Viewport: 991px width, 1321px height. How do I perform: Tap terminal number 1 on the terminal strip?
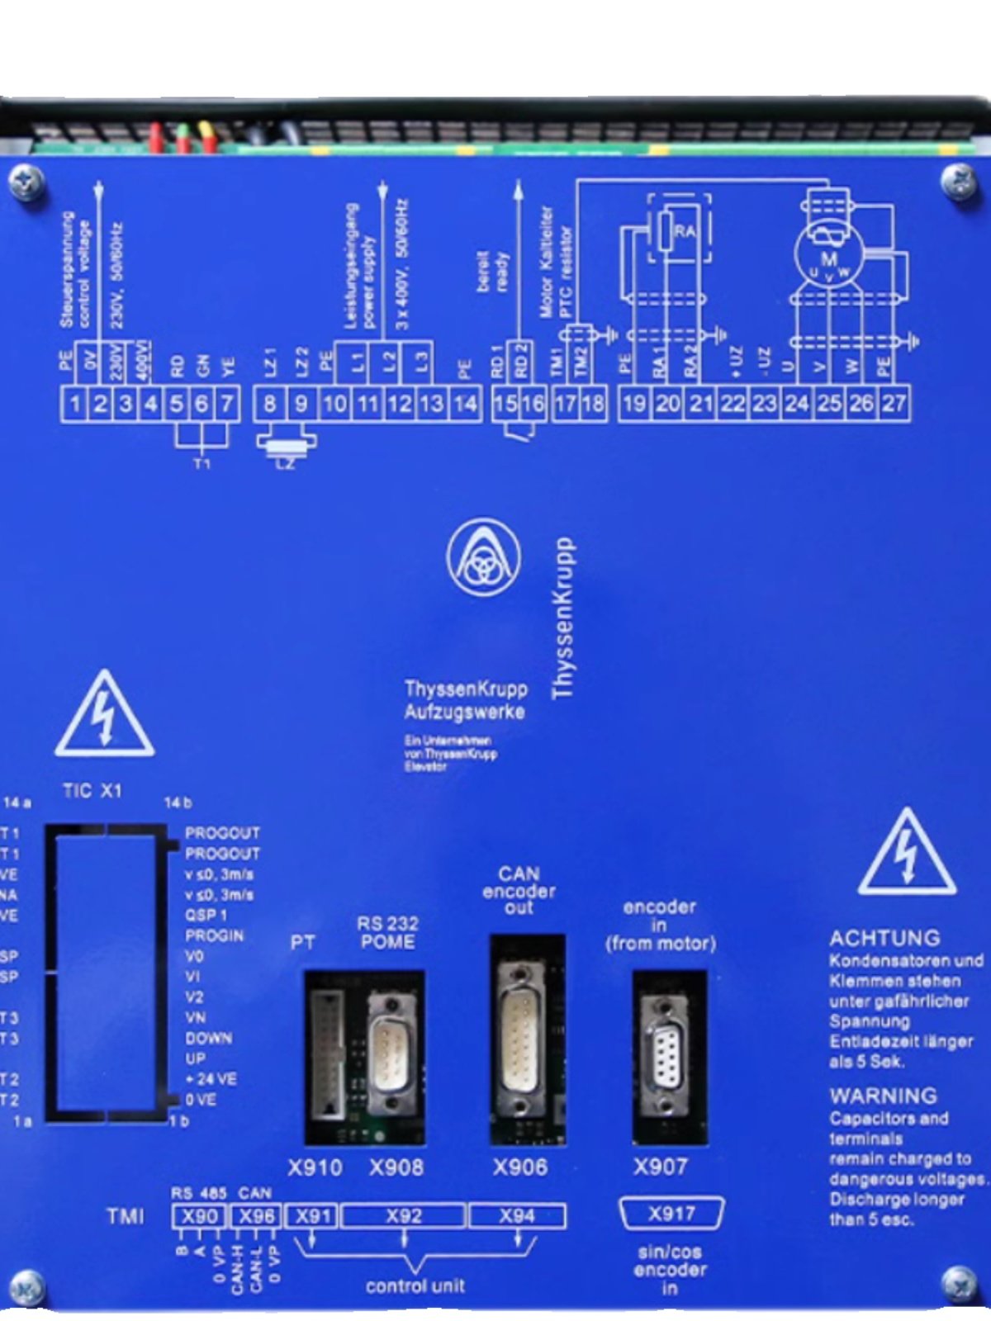(74, 405)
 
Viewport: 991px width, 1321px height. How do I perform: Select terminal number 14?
(465, 404)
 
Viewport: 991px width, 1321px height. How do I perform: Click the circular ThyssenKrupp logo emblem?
(483, 557)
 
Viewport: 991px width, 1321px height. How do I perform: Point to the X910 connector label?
(315, 1167)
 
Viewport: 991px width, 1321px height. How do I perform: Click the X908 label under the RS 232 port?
(396, 1167)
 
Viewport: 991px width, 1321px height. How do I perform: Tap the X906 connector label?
(520, 1167)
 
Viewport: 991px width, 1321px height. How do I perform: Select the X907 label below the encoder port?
(661, 1167)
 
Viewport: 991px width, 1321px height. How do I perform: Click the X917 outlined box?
(671, 1214)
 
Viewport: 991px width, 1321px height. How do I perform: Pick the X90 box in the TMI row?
(199, 1216)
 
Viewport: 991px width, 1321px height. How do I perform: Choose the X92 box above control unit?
(404, 1216)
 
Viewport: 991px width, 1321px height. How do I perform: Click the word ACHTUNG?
(884, 939)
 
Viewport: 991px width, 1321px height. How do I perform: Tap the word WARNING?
(883, 1096)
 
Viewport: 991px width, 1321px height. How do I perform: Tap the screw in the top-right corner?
(959, 180)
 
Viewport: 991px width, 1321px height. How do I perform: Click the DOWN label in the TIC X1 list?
(208, 1039)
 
